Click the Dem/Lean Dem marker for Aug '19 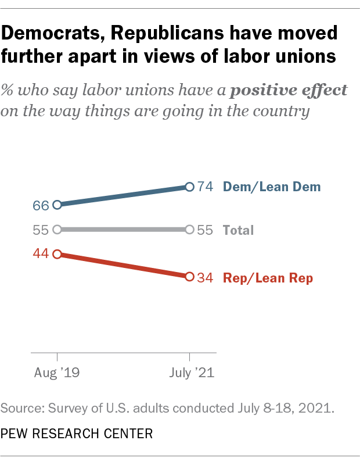pos(57,205)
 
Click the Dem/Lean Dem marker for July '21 pos(189,187)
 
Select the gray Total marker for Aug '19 pos(57,230)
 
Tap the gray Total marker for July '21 pos(189,230)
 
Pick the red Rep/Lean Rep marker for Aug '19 pos(57,254)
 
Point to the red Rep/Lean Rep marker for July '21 pos(189,277)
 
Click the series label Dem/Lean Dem pos(272,187)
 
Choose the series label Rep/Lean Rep pos(268,278)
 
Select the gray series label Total pos(239,230)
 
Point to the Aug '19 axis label pos(57,373)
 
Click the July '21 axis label pos(189,373)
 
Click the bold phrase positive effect pos(289,90)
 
